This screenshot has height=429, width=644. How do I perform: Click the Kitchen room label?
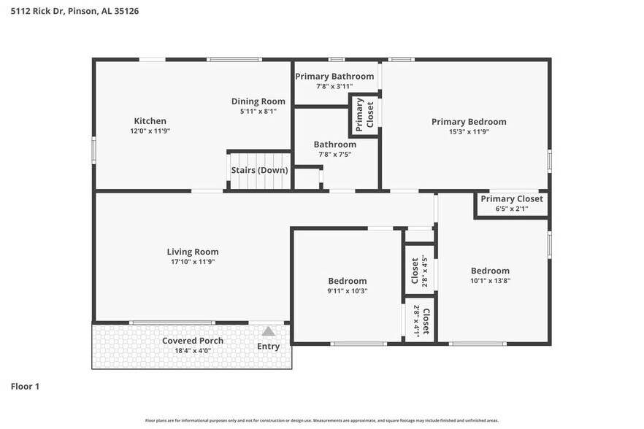point(150,121)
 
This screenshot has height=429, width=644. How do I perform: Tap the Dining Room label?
point(258,101)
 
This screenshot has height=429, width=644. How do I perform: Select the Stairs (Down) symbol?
point(259,170)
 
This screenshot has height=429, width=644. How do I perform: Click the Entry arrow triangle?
point(269,331)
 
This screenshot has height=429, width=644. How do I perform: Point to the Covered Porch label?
point(193,341)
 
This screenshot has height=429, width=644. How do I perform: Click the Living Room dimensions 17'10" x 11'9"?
point(192,261)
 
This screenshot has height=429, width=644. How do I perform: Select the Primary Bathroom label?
point(334,76)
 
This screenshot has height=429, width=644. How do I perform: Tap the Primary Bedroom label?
point(468,122)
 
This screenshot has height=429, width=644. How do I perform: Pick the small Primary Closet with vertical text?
point(364,115)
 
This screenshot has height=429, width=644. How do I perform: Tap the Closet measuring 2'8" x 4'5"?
point(419,271)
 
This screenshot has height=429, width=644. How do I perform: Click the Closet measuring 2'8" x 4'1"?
point(421,319)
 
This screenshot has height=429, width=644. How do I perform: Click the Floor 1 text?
point(26,386)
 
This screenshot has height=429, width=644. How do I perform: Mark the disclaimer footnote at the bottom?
point(321,420)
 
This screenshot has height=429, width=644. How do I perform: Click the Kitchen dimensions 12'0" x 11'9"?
point(150,131)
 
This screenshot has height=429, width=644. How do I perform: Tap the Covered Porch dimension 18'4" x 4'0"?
point(193,351)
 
